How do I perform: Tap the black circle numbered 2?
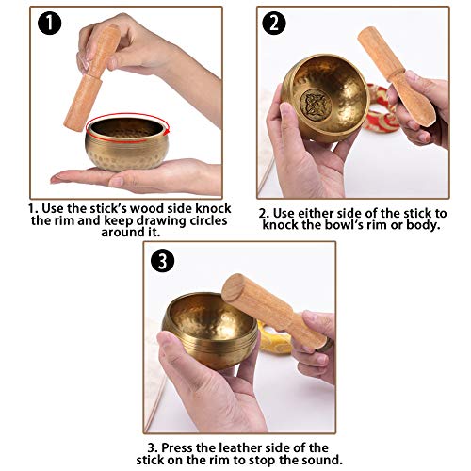[x=273, y=24]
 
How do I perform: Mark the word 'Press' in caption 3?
[x=179, y=446]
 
